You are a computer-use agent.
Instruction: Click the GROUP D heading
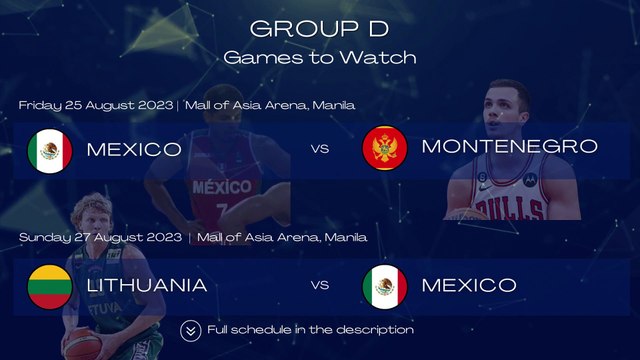[x=319, y=28]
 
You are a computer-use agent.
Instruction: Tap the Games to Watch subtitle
[x=319, y=57]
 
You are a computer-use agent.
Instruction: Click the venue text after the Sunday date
[x=282, y=238]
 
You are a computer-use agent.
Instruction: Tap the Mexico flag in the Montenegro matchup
[x=49, y=150]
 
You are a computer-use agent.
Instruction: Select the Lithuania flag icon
[x=49, y=285]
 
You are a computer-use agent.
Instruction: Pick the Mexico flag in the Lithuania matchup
[x=384, y=285]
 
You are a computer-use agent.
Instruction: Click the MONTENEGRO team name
[x=510, y=147]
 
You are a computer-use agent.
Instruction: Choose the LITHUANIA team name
[x=147, y=285]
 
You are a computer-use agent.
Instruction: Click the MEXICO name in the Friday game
[x=134, y=150]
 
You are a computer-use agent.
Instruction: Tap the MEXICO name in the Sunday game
[x=469, y=285]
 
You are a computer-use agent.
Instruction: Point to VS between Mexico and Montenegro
[x=320, y=150]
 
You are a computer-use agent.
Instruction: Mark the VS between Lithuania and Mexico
[x=320, y=286]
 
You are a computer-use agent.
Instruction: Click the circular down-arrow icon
[x=191, y=330]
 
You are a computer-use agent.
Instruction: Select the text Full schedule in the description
[x=310, y=330]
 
